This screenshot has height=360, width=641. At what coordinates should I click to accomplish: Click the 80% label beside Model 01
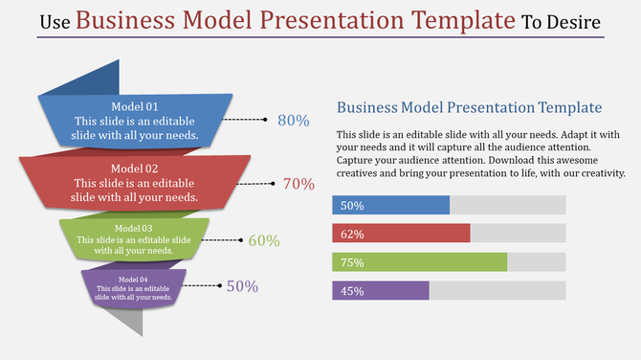[x=293, y=121]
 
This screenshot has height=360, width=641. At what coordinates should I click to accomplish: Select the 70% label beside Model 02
[x=298, y=184]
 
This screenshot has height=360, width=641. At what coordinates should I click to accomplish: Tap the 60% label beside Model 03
[x=264, y=241]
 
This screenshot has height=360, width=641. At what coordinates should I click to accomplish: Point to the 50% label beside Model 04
[x=242, y=286]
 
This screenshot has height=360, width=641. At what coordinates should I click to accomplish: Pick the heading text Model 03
[x=134, y=228]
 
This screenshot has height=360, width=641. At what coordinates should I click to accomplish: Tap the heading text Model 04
[x=134, y=279]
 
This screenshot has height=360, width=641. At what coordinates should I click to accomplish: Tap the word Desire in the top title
[x=575, y=22]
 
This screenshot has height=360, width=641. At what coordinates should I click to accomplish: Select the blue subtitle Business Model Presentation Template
[x=470, y=107]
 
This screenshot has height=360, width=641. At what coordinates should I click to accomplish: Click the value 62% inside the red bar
[x=352, y=234]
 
